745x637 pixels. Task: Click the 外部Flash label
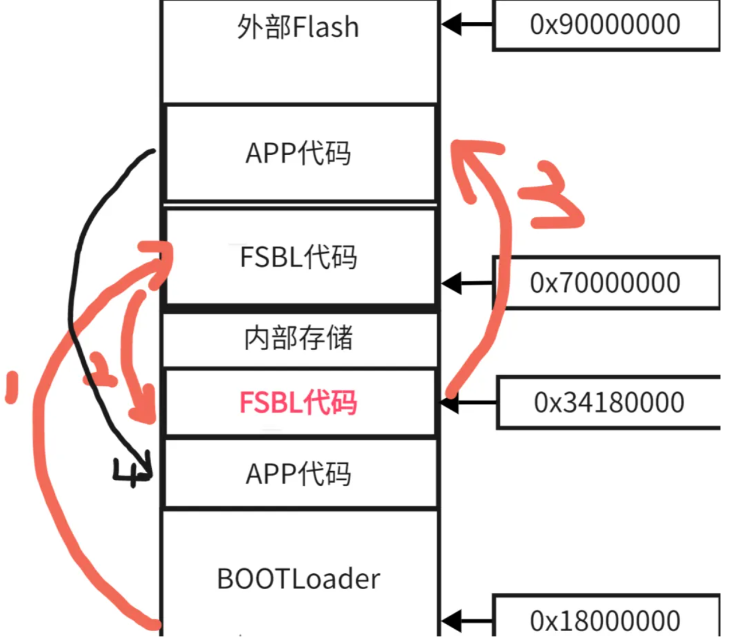click(x=298, y=27)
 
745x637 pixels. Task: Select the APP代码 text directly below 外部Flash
click(x=298, y=153)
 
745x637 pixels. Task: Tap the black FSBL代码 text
click(x=298, y=257)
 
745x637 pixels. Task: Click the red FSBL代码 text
click(x=298, y=402)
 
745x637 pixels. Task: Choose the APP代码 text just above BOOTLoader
click(x=298, y=473)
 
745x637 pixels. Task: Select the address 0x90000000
click(x=605, y=24)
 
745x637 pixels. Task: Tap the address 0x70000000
click(x=605, y=282)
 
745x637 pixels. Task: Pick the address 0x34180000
click(x=609, y=402)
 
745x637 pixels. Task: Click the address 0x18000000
click(x=605, y=621)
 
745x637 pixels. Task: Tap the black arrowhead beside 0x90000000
click(x=452, y=24)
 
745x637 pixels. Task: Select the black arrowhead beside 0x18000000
click(x=452, y=621)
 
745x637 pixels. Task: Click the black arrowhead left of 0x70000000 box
click(x=452, y=283)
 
